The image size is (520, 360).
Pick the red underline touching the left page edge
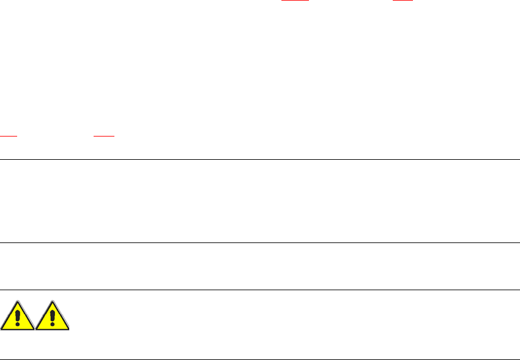point(9,136)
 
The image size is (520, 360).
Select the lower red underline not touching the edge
point(104,136)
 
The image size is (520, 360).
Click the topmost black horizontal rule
point(260,159)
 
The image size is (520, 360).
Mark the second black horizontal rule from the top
point(260,243)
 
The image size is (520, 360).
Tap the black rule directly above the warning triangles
point(260,290)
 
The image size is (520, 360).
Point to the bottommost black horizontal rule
point(260,359)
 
